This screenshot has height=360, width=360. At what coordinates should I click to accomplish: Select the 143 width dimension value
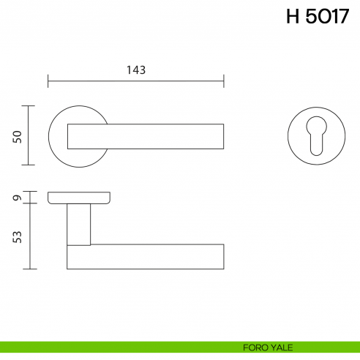136,70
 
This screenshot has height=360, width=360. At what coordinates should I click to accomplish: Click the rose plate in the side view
80,198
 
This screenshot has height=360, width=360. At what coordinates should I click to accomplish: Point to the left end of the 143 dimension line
48,81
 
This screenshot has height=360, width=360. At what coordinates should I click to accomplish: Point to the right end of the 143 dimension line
224,81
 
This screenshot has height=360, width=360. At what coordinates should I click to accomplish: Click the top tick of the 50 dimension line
28,106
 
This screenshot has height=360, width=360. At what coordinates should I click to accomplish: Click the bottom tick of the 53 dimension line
28,269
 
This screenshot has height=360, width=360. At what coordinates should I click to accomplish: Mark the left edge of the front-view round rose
49,136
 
